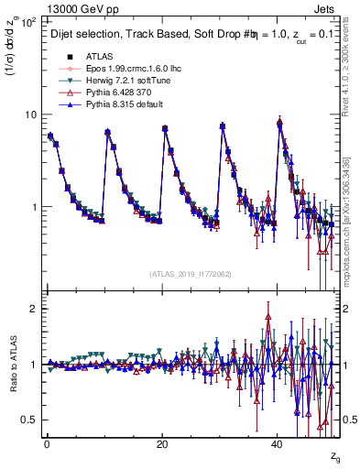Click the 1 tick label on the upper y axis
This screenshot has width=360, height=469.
[34, 207]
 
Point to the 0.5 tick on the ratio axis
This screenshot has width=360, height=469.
[30, 420]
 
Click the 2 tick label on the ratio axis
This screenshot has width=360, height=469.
[34, 309]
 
